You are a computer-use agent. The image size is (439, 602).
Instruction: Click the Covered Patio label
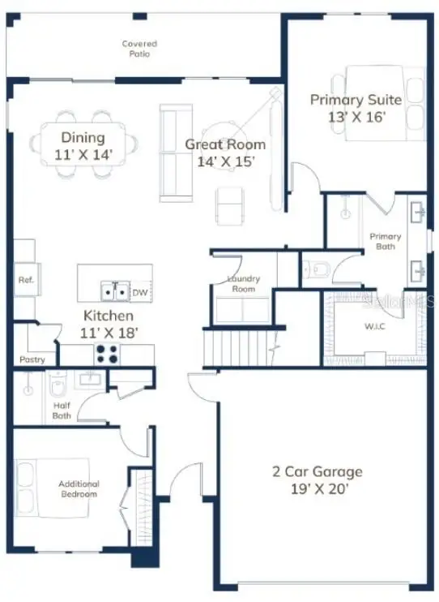click(x=139, y=49)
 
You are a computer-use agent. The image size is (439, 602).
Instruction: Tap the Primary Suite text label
click(x=356, y=100)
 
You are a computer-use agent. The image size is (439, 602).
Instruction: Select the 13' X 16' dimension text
click(x=356, y=117)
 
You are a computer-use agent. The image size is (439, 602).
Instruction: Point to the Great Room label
click(x=225, y=144)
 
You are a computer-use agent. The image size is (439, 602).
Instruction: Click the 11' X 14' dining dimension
click(x=83, y=153)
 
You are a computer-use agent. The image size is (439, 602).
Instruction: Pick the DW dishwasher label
click(x=140, y=292)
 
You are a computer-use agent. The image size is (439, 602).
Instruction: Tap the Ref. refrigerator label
click(x=24, y=280)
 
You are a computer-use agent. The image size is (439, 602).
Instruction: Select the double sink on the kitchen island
click(x=113, y=290)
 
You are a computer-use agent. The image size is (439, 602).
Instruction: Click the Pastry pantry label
click(x=32, y=359)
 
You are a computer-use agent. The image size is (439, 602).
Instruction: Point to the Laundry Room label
click(x=244, y=283)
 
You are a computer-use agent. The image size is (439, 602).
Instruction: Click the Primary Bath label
click(x=385, y=241)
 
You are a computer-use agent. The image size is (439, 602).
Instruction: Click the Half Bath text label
click(x=62, y=411)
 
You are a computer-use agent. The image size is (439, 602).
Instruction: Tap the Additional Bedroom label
click(x=78, y=488)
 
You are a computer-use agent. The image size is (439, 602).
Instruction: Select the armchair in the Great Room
click(x=229, y=204)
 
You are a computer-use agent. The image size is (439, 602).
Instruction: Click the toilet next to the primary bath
click(x=318, y=268)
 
